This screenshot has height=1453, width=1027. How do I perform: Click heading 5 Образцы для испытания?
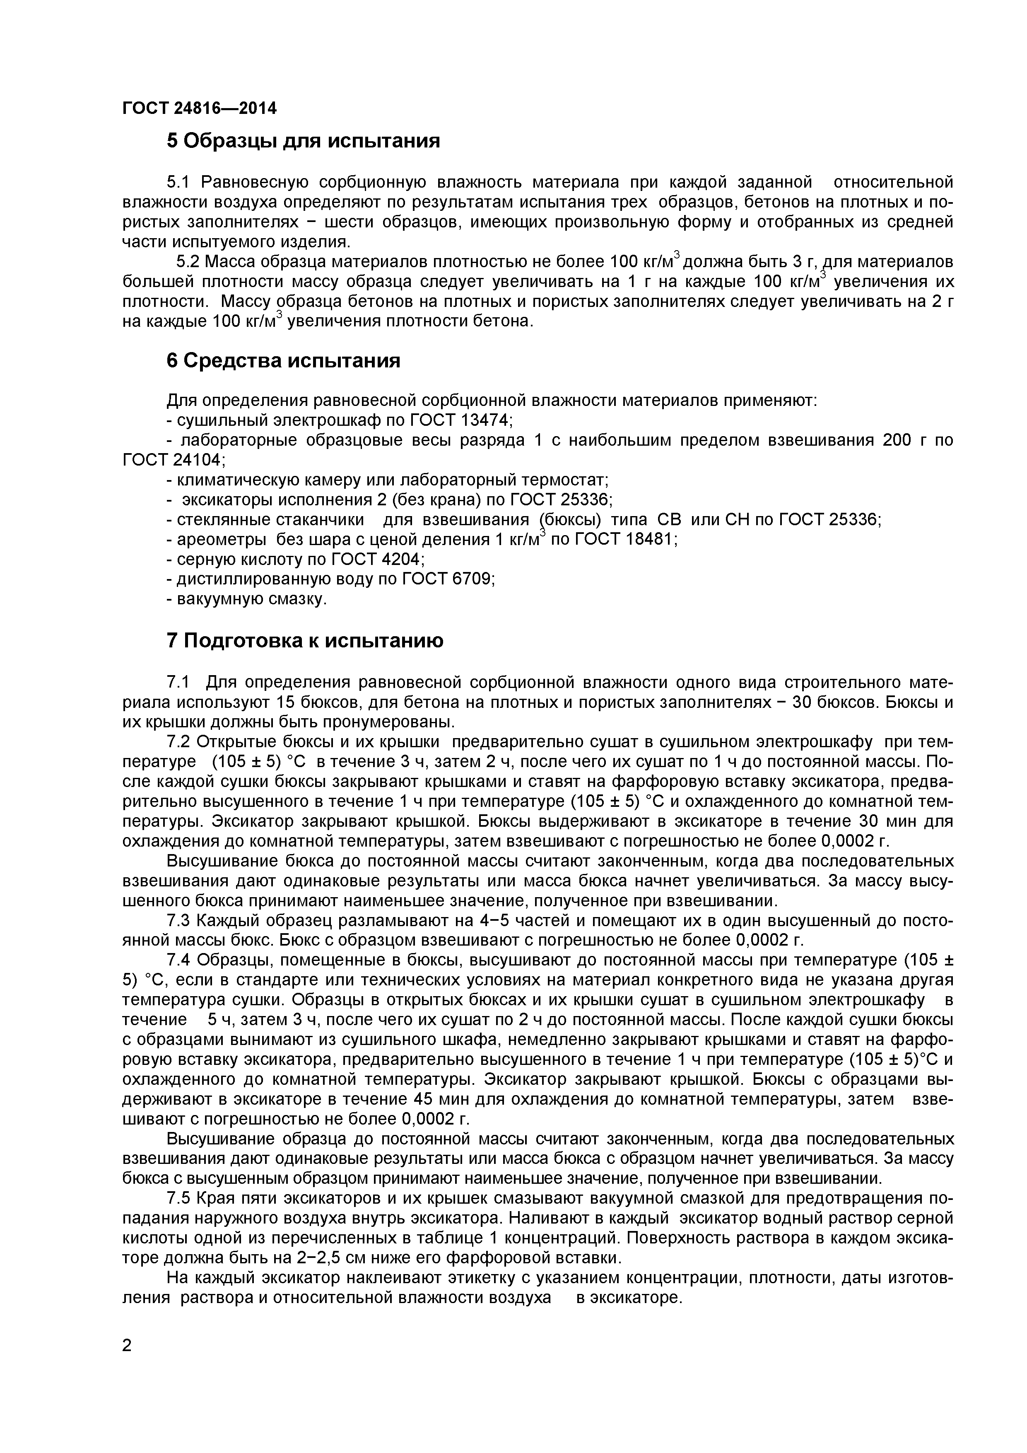pos(303,140)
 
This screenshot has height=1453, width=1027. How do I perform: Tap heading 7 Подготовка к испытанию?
pos(305,641)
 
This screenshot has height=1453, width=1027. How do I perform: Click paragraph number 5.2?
pos(188,262)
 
